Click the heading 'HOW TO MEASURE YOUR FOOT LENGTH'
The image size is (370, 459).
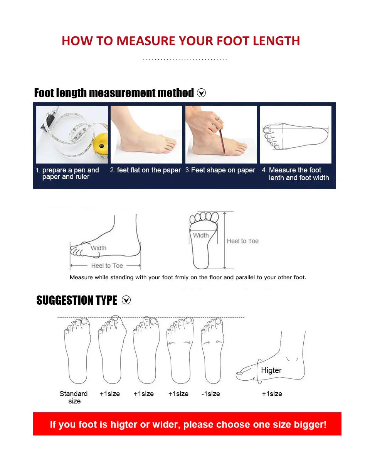(181, 41)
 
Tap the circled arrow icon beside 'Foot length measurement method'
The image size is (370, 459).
(201, 93)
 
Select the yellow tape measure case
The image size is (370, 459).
(101, 145)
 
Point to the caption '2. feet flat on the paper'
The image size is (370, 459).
(145, 170)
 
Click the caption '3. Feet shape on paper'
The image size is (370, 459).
(220, 170)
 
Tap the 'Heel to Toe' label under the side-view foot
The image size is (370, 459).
(107, 265)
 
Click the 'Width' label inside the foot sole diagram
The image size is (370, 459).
(201, 235)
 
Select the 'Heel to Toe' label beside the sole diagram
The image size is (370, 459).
(242, 241)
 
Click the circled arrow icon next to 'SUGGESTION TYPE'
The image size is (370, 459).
(126, 300)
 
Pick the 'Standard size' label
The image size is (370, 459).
(74, 397)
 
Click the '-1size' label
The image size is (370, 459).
(210, 394)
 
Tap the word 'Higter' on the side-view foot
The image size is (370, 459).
(271, 370)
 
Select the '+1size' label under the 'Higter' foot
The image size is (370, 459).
(272, 394)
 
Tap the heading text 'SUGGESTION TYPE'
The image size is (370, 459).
(77, 300)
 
